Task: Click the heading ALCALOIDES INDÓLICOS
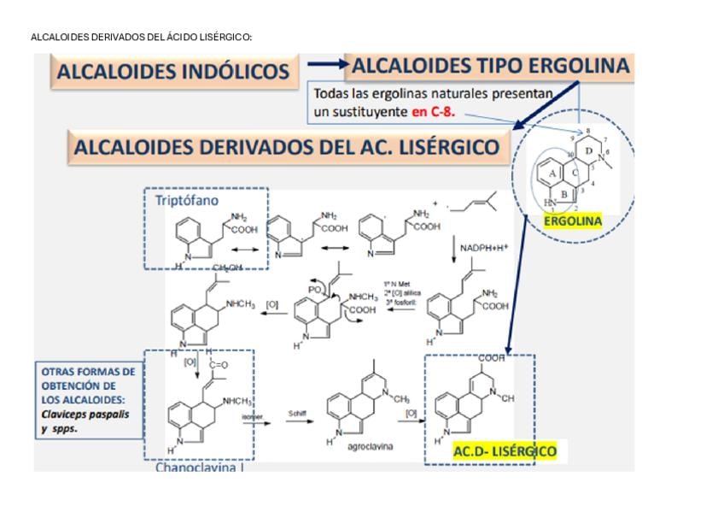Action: tap(172, 72)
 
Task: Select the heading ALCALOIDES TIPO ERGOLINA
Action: tap(490, 66)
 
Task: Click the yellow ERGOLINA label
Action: tap(573, 221)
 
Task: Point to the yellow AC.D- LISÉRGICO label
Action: tap(504, 450)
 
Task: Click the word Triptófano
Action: tap(187, 200)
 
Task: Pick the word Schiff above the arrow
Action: tap(297, 414)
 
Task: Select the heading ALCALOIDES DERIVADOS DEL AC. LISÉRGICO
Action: tap(287, 147)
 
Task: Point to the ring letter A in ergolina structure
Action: tap(552, 172)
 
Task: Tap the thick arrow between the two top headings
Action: tap(326, 64)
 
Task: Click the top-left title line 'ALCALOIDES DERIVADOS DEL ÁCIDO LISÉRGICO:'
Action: tap(142, 37)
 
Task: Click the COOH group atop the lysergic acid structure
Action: tap(492, 358)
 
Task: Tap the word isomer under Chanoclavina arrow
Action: tap(252, 415)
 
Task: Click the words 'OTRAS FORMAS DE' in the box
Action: tap(88, 373)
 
